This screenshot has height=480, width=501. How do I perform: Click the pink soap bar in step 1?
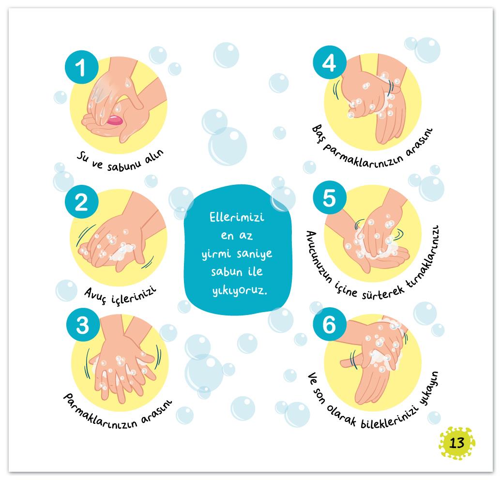pos(114,120)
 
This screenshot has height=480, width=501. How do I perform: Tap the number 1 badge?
pos(82,67)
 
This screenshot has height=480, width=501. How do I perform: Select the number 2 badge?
pos(81,202)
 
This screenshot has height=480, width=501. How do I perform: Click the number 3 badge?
pos(83,325)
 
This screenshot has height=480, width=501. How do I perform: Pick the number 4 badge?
pos(330,62)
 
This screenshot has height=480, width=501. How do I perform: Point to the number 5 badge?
pos(330,198)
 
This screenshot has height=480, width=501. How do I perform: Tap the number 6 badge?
pos(330,325)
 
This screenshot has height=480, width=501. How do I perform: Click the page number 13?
pos(456,443)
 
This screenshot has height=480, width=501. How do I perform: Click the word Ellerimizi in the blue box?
pos(237,217)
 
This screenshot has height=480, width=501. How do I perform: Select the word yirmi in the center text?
pos(216,254)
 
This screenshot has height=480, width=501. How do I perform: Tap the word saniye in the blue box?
pos(255,254)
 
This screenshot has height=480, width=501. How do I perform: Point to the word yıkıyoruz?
pos(240,291)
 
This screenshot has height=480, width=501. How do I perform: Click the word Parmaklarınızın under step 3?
pos(100,413)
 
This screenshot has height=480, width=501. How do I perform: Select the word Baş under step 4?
pos(319,134)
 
